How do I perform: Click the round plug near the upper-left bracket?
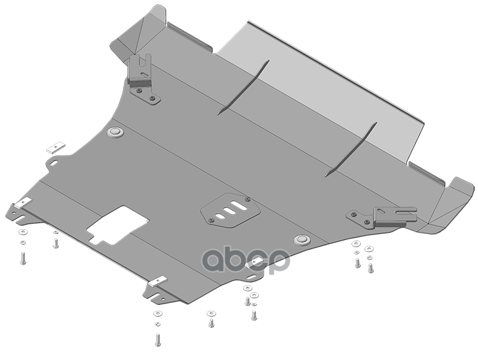pos(115,132)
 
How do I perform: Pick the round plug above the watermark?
pos(302,239)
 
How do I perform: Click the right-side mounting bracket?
pos(384,217)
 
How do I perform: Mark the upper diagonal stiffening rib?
pos(243,88)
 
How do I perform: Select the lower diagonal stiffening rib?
pos(351,149)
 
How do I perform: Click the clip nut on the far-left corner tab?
pos(23,203)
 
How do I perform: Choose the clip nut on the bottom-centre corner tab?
pos(158,281)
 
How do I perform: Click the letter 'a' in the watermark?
pos(215,260)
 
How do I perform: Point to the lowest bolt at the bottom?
pos(157,340)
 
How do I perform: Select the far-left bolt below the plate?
pos(23,258)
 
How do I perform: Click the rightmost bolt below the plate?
pos(371,268)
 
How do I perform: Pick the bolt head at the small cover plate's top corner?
pos(248,199)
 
